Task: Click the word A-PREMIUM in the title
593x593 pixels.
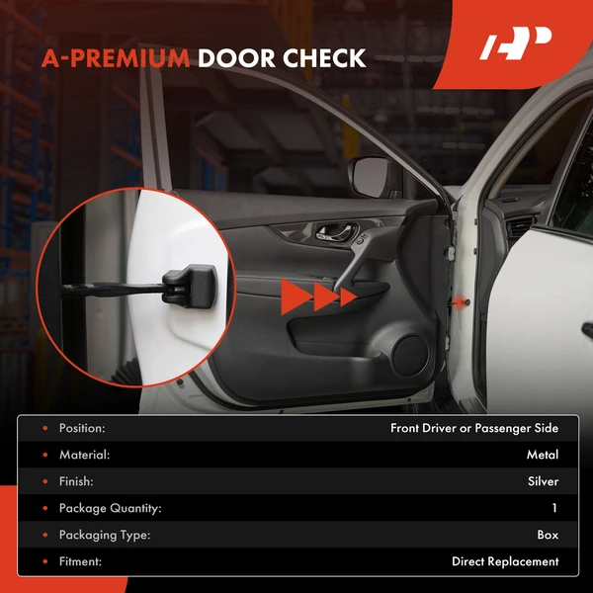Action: [115, 57]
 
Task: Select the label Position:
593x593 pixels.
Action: [82, 428]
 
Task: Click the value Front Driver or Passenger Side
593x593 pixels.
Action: [474, 428]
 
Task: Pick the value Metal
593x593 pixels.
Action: [543, 455]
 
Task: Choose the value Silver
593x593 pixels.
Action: [542, 481]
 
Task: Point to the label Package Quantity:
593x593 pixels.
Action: [110, 508]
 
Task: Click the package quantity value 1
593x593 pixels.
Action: [554, 508]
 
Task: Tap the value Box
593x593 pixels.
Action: [548, 535]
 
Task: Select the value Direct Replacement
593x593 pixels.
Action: [505, 561]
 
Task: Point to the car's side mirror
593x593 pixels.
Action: [372, 176]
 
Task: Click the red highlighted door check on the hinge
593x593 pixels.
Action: [464, 297]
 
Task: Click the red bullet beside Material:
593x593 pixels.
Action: [44, 455]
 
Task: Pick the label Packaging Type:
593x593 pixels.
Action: [104, 535]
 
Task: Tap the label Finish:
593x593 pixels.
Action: [76, 481]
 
